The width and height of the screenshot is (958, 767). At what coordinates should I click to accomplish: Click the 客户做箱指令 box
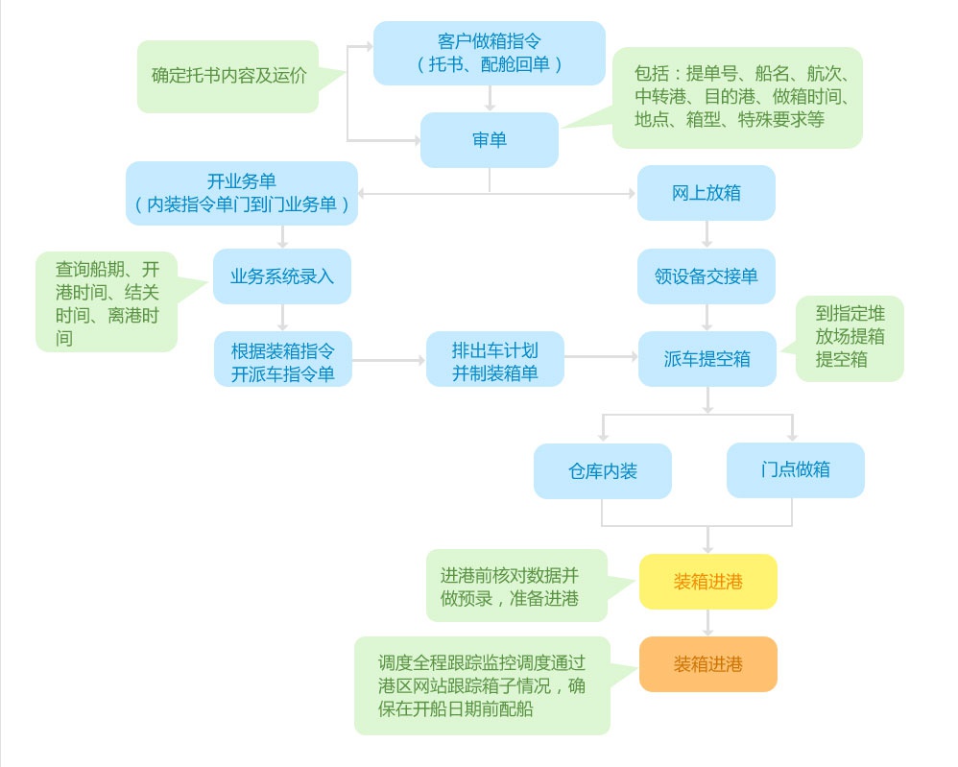tap(489, 53)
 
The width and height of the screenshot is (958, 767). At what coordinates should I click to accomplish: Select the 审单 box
tap(489, 140)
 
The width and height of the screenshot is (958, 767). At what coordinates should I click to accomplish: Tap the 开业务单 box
tap(241, 193)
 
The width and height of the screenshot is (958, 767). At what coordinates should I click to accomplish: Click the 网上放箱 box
tap(706, 193)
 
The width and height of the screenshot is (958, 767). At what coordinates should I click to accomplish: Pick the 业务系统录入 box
tap(282, 276)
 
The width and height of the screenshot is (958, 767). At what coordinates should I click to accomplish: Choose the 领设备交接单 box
tap(707, 276)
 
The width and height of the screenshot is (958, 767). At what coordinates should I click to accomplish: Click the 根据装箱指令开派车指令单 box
tap(282, 360)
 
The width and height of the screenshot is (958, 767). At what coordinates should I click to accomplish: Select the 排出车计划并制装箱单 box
tap(494, 360)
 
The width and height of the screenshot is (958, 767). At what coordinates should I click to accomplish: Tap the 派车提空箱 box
tap(707, 359)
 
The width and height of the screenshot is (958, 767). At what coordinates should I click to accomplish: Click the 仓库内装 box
tap(602, 471)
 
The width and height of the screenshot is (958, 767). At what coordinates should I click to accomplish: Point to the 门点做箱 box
tap(795, 470)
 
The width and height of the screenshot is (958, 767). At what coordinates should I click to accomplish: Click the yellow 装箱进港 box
tap(707, 582)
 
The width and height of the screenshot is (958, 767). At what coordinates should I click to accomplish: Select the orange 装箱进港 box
tap(707, 664)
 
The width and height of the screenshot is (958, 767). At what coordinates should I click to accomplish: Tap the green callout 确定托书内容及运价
tap(228, 76)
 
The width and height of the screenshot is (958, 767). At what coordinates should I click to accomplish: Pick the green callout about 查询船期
tap(106, 301)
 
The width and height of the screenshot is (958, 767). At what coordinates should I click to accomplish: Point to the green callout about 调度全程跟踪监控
tap(481, 685)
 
